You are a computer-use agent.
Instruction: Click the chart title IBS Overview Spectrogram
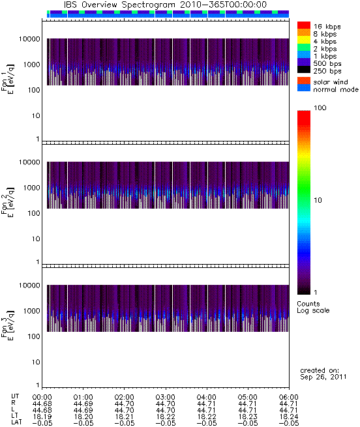(119, 5)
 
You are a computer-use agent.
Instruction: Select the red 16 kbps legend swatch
(304, 25)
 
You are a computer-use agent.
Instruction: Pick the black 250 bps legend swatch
(304, 70)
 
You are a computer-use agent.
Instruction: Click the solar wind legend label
(331, 82)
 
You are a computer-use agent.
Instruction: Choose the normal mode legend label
(336, 89)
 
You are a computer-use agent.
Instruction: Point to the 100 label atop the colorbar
(320, 108)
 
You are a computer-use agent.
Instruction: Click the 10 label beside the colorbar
(318, 200)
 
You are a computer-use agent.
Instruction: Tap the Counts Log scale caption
(313, 307)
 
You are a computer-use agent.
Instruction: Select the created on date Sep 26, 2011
(323, 377)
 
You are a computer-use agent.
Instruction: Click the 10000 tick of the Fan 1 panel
(29, 39)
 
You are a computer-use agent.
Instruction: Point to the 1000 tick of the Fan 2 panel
(31, 188)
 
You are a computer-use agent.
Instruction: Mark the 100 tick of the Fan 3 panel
(34, 336)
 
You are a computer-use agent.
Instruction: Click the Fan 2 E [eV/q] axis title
(8, 202)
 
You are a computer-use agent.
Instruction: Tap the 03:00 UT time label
(165, 397)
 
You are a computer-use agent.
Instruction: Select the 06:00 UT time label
(289, 397)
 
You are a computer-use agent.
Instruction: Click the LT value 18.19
(42, 417)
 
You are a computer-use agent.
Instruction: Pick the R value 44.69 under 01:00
(83, 404)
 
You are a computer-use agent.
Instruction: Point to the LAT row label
(16, 422)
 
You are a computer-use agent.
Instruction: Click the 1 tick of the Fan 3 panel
(38, 385)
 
